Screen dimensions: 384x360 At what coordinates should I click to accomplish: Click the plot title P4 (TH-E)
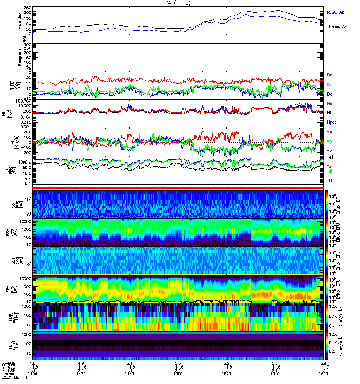[180, 3]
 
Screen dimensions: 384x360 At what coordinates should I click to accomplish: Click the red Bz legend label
[329, 75]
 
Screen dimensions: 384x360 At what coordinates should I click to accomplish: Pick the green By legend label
[329, 85]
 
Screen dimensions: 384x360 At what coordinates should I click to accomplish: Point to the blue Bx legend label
[329, 94]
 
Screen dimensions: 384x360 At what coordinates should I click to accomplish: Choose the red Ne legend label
[329, 103]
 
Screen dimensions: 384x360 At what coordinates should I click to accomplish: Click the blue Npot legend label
[332, 122]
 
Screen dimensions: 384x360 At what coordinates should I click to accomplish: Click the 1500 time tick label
[178, 372]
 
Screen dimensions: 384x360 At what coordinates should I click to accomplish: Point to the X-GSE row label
[8, 362]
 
